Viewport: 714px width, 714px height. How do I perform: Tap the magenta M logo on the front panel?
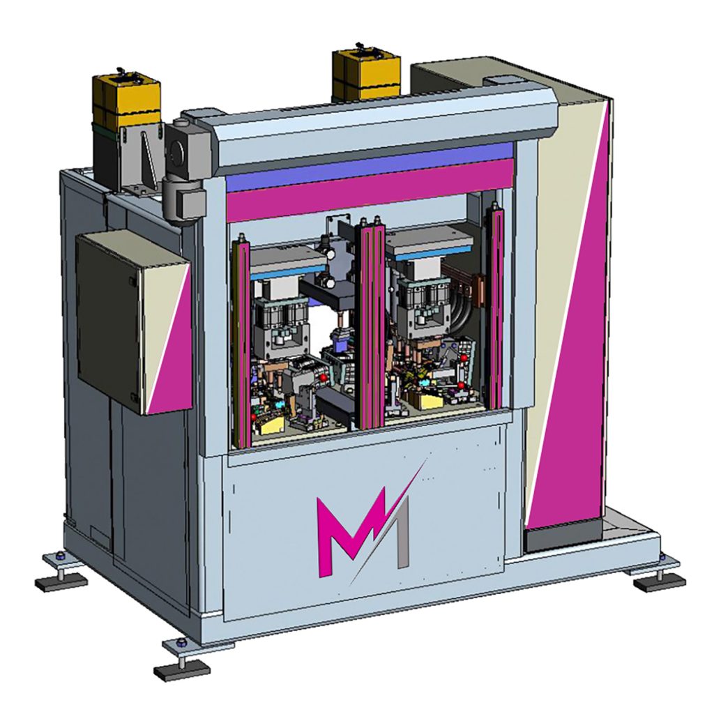[x=350, y=529]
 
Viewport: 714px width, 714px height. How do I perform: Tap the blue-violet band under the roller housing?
[x=369, y=166]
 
